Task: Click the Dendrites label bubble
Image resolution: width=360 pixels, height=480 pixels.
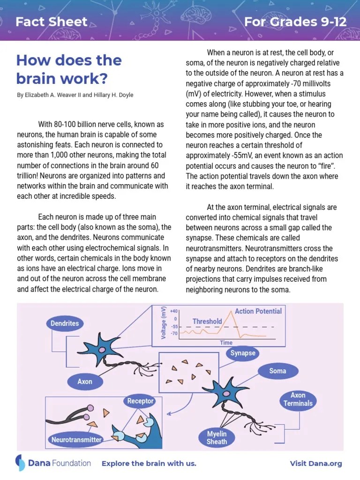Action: pyautogui.click(x=65, y=323)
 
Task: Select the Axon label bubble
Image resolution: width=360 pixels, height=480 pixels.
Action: pyautogui.click(x=85, y=382)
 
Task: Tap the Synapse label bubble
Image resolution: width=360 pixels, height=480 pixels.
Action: pyautogui.click(x=243, y=353)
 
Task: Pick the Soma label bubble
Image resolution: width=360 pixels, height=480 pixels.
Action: pyautogui.click(x=277, y=371)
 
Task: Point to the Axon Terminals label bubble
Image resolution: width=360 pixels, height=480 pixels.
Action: pyautogui.click(x=298, y=399)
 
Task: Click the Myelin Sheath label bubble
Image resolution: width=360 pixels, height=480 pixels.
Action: pyautogui.click(x=217, y=438)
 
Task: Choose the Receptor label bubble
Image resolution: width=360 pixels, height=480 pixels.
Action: pyautogui.click(x=140, y=401)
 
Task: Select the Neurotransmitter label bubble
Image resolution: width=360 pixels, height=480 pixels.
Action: pyautogui.click(x=76, y=440)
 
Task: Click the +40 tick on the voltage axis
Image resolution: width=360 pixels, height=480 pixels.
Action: pyautogui.click(x=174, y=311)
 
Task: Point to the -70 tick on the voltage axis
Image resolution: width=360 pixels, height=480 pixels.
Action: pyautogui.click(x=174, y=334)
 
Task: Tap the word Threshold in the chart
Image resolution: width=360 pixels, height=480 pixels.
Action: pyautogui.click(x=207, y=322)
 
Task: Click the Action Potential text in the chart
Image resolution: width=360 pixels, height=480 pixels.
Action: pyautogui.click(x=258, y=311)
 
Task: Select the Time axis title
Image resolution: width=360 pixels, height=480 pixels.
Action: pyautogui.click(x=226, y=343)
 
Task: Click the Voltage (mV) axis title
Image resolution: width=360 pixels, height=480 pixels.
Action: pyautogui.click(x=164, y=323)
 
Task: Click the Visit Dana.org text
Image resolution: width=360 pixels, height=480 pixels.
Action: pyautogui.click(x=315, y=464)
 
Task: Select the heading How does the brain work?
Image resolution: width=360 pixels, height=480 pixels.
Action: pyautogui.click(x=68, y=68)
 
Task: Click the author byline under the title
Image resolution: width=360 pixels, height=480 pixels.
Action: pyautogui.click(x=75, y=95)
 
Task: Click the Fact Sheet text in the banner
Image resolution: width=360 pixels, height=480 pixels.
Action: pyautogui.click(x=52, y=21)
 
